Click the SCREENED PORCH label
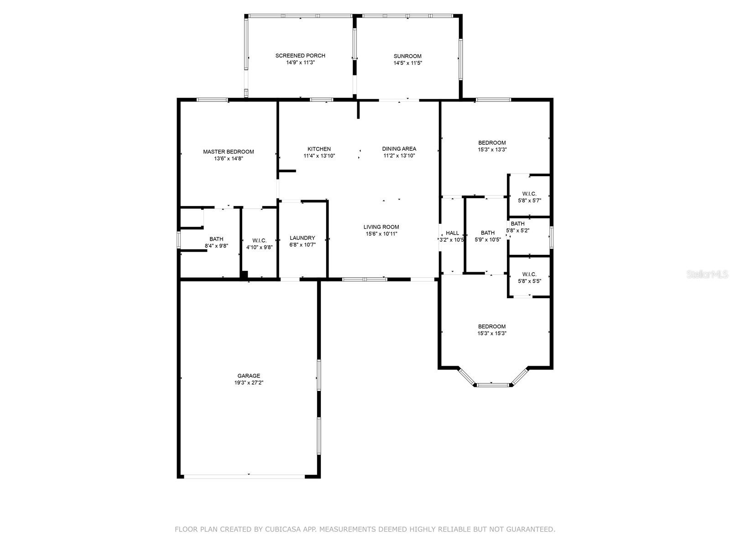300,56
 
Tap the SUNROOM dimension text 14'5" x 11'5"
407,63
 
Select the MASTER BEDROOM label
228,152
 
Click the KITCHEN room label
319,149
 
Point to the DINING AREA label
399,148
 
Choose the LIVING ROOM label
381,227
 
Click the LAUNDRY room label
302,238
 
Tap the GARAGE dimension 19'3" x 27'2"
249,383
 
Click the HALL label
452,233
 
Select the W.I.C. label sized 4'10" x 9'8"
259,241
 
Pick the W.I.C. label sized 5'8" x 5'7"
529,194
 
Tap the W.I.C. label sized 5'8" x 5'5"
529,274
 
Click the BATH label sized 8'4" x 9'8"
216,239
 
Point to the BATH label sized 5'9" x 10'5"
487,233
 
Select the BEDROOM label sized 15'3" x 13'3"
492,142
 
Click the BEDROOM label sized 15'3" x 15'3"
492,327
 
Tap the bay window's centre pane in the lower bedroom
493,385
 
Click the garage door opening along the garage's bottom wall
244,476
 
